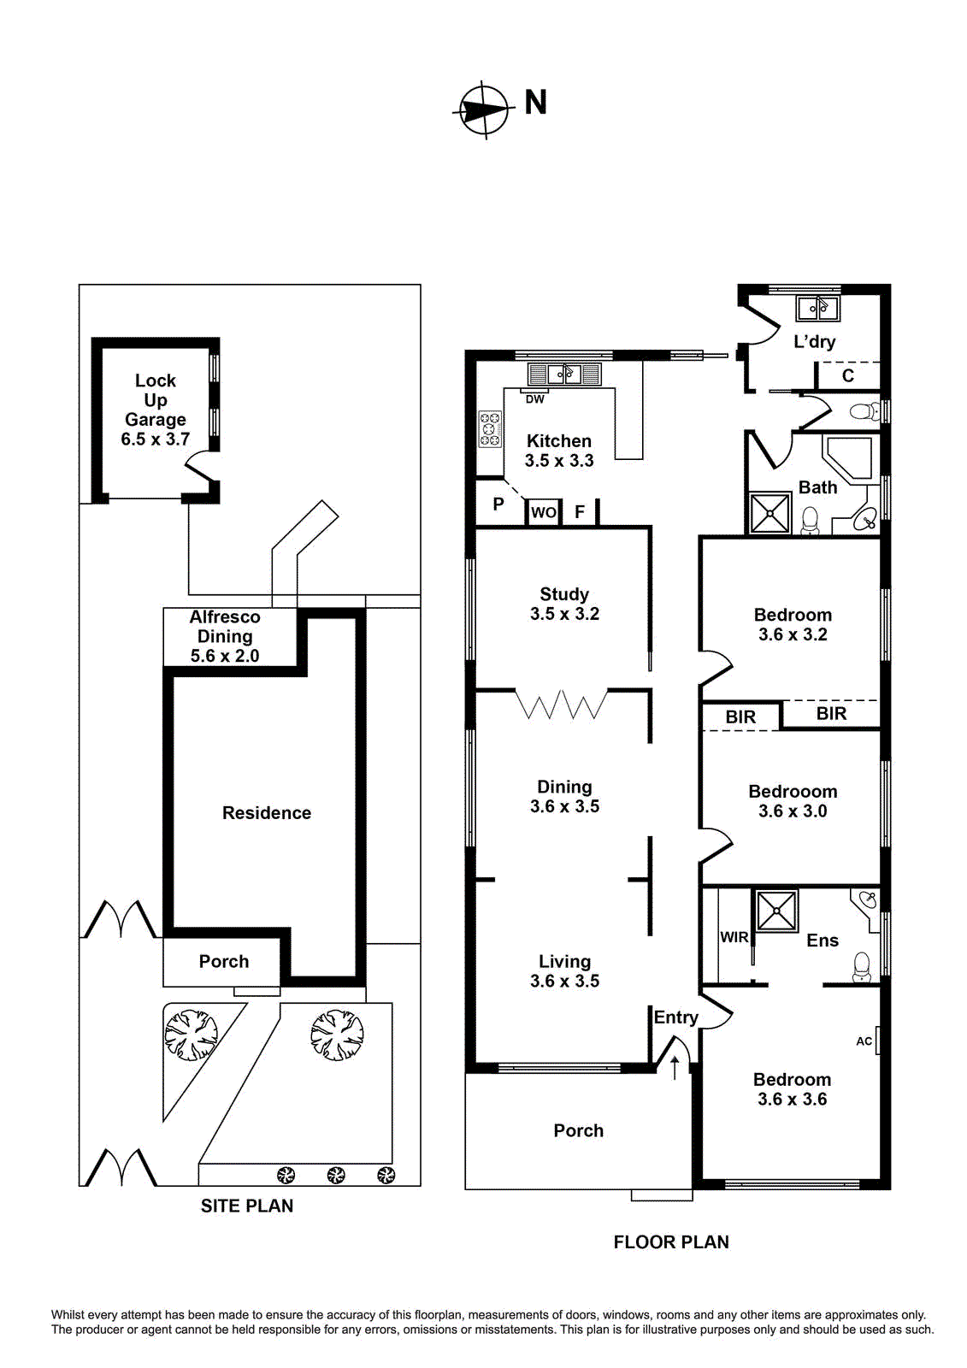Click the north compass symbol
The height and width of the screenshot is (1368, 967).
click(x=484, y=109)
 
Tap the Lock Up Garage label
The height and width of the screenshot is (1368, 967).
click(x=155, y=410)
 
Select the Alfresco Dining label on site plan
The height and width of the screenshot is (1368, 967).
click(x=225, y=635)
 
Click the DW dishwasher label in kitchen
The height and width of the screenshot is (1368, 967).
click(x=534, y=399)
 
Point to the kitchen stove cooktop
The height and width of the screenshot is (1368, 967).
click(x=490, y=428)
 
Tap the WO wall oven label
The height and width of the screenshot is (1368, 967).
click(x=543, y=513)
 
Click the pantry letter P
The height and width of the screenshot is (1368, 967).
click(x=498, y=504)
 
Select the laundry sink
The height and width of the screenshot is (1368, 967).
click(x=817, y=307)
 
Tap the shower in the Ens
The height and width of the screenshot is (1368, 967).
click(x=776, y=910)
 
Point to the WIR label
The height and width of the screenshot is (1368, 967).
click(x=734, y=937)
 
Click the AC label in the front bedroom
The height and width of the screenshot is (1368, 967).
click(x=864, y=1041)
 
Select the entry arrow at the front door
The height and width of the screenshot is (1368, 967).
click(x=675, y=1066)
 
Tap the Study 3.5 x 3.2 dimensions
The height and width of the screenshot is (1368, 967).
click(x=564, y=614)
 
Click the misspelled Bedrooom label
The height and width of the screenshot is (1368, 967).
click(x=793, y=792)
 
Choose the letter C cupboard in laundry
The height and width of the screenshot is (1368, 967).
click(x=847, y=375)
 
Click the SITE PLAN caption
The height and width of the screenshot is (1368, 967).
click(x=247, y=1206)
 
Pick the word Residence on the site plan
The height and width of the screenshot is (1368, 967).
click(x=266, y=813)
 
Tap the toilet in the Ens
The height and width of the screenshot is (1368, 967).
click(x=861, y=966)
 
